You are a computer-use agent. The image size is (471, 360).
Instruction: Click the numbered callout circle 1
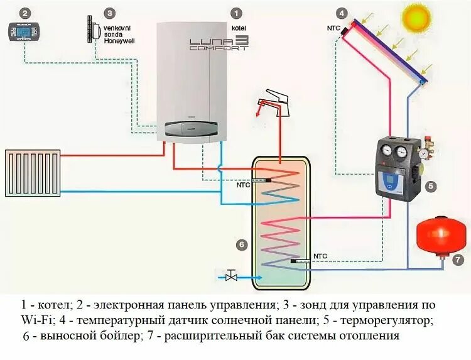[236, 13]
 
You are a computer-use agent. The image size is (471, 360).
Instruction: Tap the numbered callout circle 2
[24, 13]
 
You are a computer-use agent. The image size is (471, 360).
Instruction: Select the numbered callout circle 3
[110, 13]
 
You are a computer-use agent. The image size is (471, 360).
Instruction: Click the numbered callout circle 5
[430, 186]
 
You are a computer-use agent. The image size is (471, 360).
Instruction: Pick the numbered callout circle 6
[242, 244]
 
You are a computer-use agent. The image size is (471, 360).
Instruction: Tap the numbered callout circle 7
[457, 259]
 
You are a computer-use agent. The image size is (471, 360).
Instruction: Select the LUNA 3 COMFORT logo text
[219, 43]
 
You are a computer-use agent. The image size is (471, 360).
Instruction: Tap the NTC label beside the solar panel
[333, 28]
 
